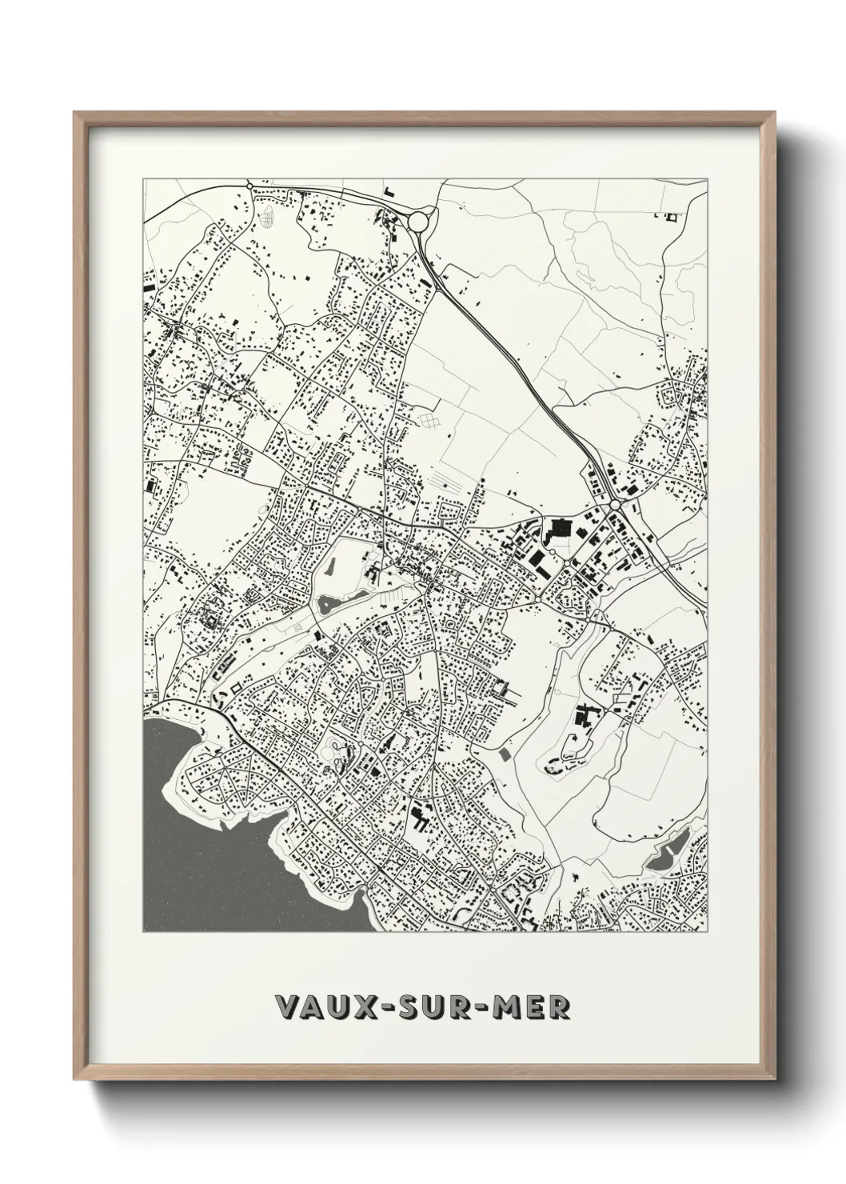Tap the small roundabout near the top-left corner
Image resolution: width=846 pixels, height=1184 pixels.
[249, 186]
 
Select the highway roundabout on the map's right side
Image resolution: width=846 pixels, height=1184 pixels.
[615, 506]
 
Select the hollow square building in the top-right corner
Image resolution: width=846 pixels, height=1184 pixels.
[672, 214]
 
